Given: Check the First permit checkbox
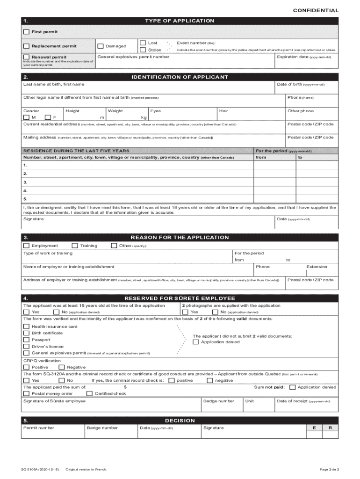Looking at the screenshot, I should [x=26, y=32].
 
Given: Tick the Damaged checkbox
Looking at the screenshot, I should [x=100, y=46].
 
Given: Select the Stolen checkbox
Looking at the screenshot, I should [x=143, y=50].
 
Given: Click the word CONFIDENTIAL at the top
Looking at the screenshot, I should [x=316, y=10].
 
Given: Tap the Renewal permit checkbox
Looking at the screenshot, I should [x=26, y=57].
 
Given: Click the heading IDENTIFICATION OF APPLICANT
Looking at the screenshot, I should [x=180, y=77].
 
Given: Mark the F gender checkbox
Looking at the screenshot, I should [x=48, y=117].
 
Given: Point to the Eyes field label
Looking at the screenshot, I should [x=156, y=111].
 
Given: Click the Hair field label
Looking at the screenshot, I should [x=223, y=111].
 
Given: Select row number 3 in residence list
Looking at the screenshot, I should [x=25, y=182].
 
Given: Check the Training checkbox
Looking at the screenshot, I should [x=74, y=246].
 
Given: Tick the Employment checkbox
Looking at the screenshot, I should [x=26, y=246].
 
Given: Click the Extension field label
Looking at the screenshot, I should [x=317, y=267].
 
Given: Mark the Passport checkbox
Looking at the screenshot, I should [x=26, y=340].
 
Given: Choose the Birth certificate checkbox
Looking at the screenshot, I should [x=26, y=333].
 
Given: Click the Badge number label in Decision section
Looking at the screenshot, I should [x=102, y=428].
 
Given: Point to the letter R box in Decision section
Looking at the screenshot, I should [x=330, y=428].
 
